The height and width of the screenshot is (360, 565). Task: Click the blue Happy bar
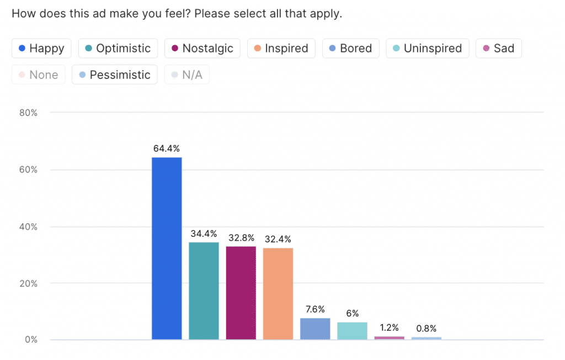[x=167, y=248]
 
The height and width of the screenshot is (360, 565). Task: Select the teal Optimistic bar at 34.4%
[x=204, y=290]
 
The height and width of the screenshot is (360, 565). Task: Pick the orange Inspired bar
[x=278, y=294]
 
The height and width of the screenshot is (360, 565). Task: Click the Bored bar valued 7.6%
[x=315, y=329]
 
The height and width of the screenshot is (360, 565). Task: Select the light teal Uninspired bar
[x=352, y=331]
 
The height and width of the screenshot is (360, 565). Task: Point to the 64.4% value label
[x=167, y=149]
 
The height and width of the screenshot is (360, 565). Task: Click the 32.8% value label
[x=241, y=238]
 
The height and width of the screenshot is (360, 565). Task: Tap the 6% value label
[x=352, y=314]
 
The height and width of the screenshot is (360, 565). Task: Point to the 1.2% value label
[x=389, y=327]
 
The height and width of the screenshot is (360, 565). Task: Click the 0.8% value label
[x=426, y=329]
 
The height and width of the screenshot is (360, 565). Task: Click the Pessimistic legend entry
[x=114, y=75]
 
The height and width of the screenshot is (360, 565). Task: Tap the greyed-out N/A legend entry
[x=186, y=75]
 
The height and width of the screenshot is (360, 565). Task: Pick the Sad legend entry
[x=498, y=49]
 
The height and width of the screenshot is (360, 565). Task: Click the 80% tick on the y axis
[x=28, y=113]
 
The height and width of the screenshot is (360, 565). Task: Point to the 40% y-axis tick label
[x=28, y=226]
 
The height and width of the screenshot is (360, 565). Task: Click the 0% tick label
[x=30, y=340]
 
